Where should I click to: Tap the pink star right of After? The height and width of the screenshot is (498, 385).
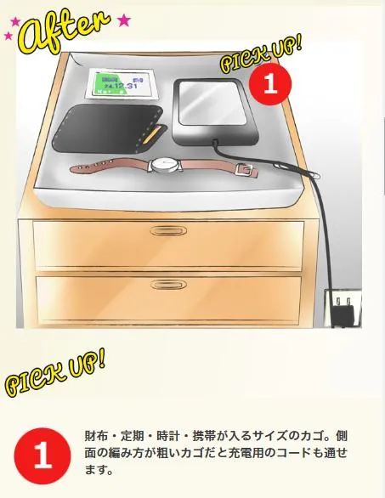124,19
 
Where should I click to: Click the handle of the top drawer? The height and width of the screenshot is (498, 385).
169,232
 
